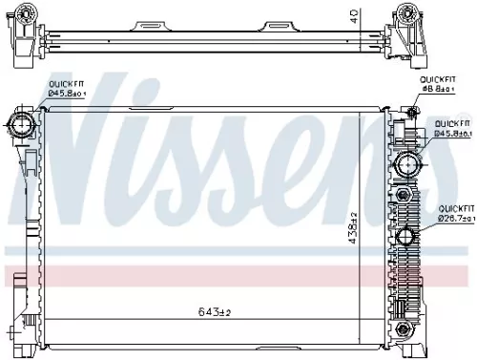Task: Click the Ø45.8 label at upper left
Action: coord(68,94)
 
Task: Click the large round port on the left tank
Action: coord(22,121)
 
